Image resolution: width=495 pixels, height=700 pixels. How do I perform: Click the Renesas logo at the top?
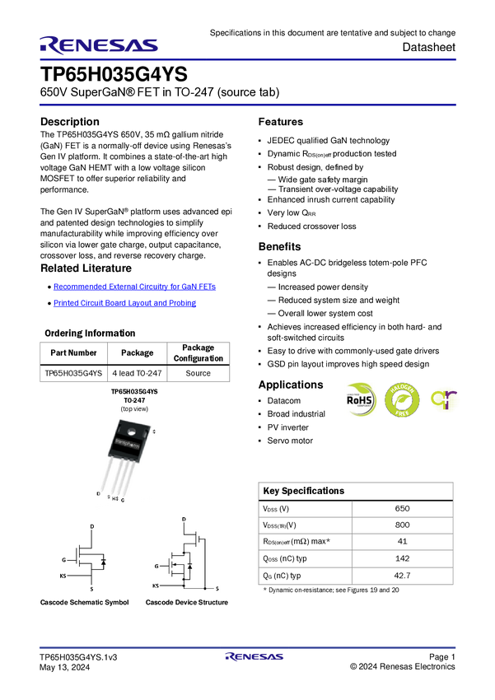tap(99, 45)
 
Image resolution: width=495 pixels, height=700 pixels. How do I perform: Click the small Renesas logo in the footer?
tap(255, 657)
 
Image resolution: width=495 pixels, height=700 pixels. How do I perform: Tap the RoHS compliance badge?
tap(361, 399)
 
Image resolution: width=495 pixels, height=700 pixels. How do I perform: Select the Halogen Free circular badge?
tap(402, 400)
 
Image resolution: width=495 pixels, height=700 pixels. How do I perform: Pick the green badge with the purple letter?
tap(445, 400)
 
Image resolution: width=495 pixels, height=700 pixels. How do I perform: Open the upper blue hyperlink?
tap(134, 287)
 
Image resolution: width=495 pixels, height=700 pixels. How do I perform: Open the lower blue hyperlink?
tap(125, 303)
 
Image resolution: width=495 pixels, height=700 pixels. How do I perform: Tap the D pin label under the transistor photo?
tap(98, 494)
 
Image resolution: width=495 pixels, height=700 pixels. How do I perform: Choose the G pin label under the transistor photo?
tap(124, 500)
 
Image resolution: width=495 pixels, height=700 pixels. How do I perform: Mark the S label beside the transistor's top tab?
tap(154, 432)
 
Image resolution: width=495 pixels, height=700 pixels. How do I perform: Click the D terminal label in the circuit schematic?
tap(183, 519)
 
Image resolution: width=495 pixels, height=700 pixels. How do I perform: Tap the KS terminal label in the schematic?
tap(155, 586)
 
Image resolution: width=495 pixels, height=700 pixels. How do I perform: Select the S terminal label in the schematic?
tap(217, 589)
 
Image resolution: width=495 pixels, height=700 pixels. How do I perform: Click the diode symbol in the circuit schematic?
tap(190, 567)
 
